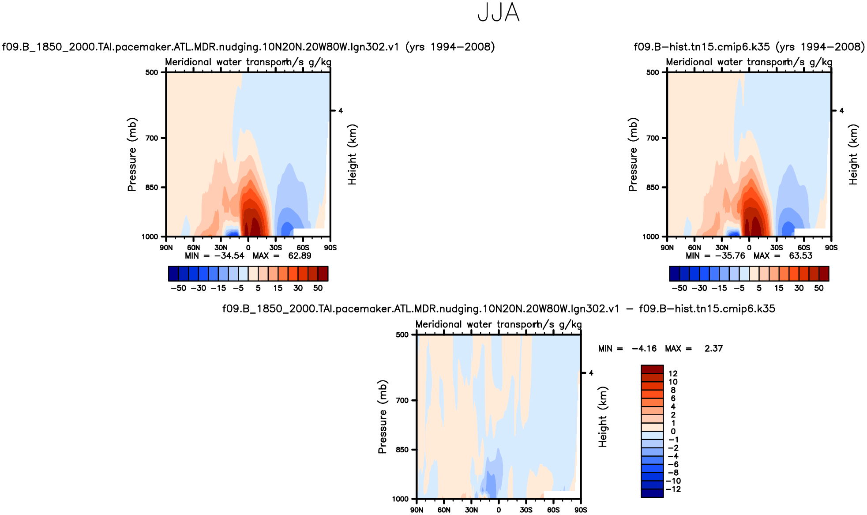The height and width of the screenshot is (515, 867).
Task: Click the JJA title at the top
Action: [x=499, y=13]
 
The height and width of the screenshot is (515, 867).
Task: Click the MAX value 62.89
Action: [x=300, y=256]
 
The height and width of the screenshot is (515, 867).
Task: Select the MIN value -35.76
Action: [x=730, y=256]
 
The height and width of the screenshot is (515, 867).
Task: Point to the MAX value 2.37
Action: [x=713, y=349]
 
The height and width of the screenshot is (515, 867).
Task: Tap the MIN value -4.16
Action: [x=644, y=349]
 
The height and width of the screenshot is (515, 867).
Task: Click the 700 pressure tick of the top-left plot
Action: [x=152, y=138]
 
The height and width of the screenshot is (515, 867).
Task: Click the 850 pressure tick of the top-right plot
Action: [x=653, y=188]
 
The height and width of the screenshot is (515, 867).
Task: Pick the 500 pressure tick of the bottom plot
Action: [x=402, y=335]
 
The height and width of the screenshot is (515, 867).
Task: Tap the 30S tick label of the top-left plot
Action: [x=276, y=248]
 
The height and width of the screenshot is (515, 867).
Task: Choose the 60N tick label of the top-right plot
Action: [x=694, y=248]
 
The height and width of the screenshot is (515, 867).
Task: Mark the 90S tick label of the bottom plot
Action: [x=581, y=510]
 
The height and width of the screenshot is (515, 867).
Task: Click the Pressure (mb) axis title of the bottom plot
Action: [x=382, y=417]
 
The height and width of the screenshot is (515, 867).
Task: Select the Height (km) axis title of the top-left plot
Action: [x=352, y=154]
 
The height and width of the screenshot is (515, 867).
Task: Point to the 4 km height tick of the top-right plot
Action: [x=841, y=111]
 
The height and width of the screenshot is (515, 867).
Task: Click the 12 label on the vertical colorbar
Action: [x=673, y=374]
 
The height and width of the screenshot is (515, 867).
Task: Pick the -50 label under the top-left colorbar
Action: [x=178, y=288]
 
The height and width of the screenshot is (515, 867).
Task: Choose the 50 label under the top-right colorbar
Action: [x=819, y=288]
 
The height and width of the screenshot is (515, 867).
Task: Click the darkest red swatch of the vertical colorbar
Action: [x=652, y=369]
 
